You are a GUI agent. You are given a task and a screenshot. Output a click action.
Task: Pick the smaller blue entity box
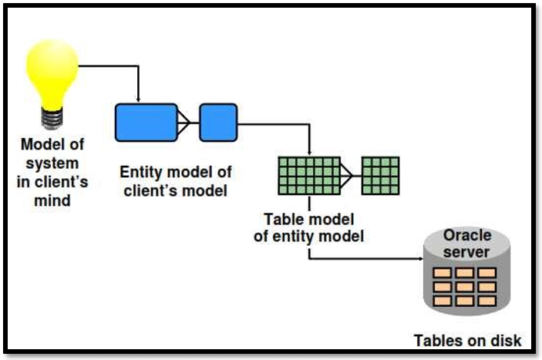pyautogui.click(x=217, y=121)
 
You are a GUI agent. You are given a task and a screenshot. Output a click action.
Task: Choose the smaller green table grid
pyautogui.click(x=380, y=176)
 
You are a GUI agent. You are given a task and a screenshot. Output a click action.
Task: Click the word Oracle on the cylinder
pyautogui.click(x=467, y=235)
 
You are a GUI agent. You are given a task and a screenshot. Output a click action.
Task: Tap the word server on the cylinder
pyautogui.click(x=467, y=251)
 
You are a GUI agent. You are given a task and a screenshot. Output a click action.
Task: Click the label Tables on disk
pyautogui.click(x=468, y=340)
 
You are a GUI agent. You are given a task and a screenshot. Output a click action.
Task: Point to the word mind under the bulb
pyautogui.click(x=52, y=200)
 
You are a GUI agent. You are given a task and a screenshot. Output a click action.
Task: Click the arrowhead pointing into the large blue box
pyautogui.click(x=138, y=99)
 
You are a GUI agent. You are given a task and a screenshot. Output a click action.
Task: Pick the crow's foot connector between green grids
pyautogui.click(x=351, y=176)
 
